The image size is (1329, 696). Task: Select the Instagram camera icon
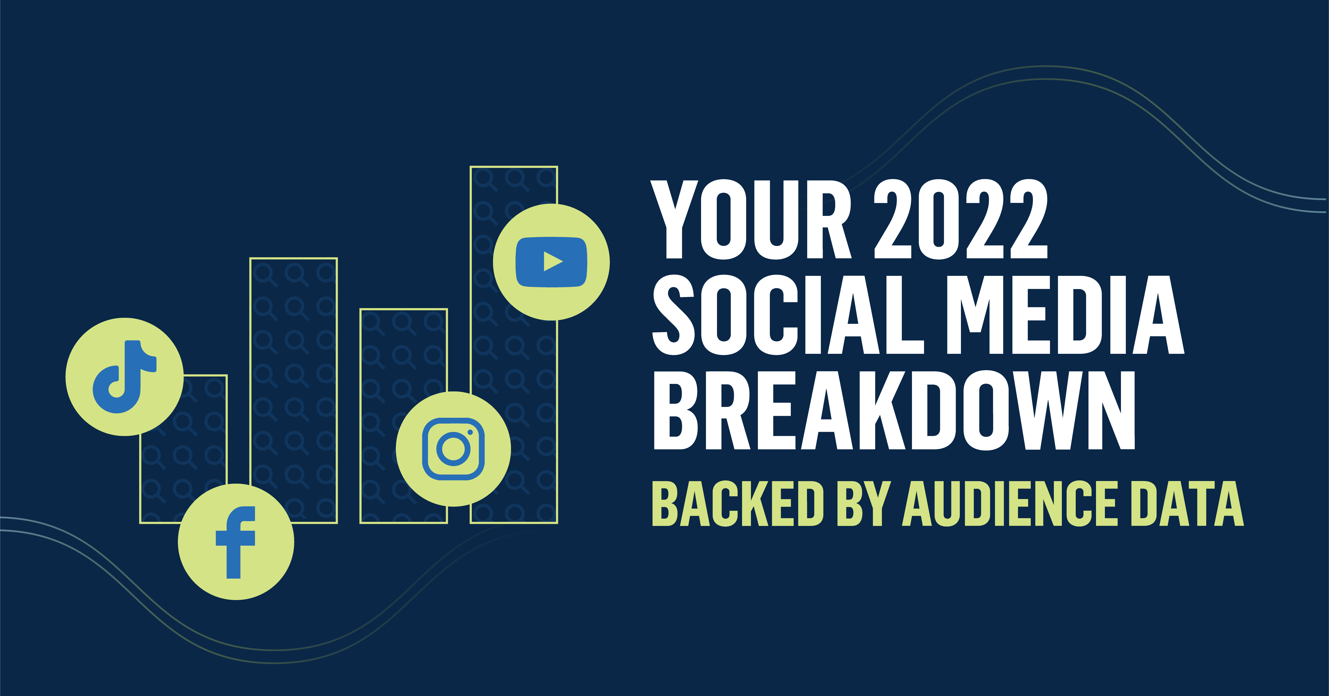[x=453, y=449]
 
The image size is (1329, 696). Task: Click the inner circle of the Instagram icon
[x=453, y=449]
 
